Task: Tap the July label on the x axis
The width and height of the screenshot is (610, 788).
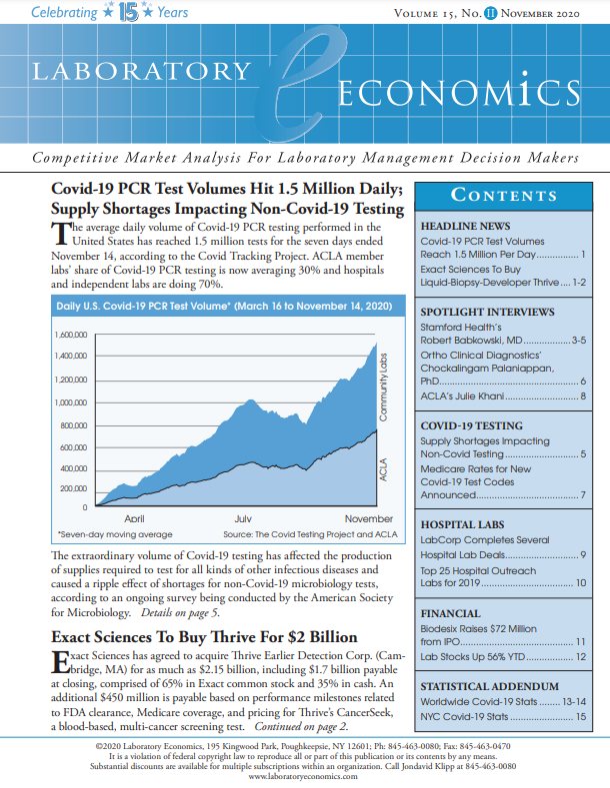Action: pos(242,519)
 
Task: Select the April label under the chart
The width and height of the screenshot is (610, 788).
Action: pos(133,519)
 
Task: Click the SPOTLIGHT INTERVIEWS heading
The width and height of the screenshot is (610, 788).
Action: pos(487,313)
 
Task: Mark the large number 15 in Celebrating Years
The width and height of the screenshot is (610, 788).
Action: pos(128,14)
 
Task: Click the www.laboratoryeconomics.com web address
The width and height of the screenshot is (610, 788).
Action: pos(304,776)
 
